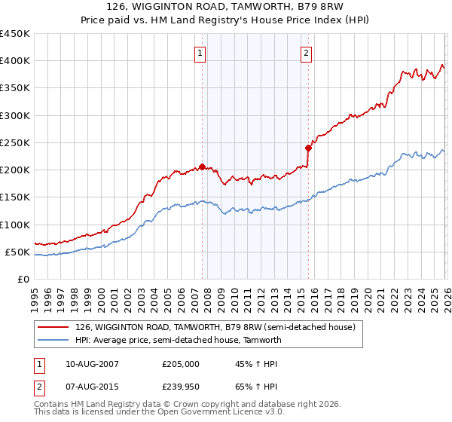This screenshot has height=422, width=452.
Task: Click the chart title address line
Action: click(x=226, y=8)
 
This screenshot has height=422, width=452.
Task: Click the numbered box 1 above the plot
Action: click(x=200, y=53)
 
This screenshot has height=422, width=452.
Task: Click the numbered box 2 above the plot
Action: click(x=307, y=53)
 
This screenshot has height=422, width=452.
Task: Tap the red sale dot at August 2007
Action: click(x=202, y=167)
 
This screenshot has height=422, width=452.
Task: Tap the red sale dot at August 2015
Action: click(x=308, y=148)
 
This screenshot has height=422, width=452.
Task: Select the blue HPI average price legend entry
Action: click(x=178, y=340)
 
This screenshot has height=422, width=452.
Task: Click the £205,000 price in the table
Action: click(x=181, y=363)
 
